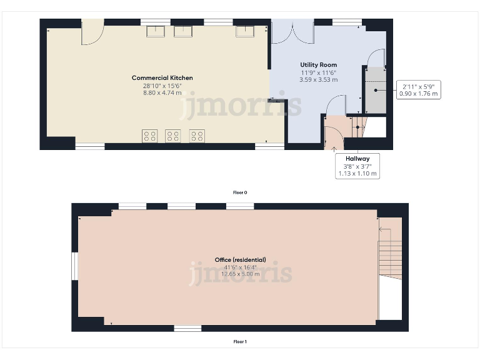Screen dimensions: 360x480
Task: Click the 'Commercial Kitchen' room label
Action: [162, 78]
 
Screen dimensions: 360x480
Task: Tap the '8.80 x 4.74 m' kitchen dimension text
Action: [162, 92]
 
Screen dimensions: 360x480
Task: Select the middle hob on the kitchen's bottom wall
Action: [172, 136]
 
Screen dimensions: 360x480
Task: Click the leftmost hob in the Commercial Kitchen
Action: [149, 136]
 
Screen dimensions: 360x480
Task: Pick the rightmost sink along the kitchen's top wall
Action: [244, 31]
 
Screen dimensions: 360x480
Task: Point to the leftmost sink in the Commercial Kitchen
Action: [154, 31]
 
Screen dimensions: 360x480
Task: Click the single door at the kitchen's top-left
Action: [92, 32]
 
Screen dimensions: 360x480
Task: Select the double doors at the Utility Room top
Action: [292, 32]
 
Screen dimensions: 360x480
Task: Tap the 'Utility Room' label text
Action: [319, 65]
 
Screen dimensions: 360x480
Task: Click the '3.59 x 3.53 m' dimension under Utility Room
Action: [319, 79]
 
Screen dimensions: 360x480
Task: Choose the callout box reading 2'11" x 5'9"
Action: [419, 89]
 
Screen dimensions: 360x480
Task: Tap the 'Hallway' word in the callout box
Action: [357, 159]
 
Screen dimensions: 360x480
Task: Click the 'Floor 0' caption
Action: [240, 192]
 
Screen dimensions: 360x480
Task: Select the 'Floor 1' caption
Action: [240, 342]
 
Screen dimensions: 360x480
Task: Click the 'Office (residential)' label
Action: [240, 259]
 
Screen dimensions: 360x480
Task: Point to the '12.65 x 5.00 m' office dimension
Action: [240, 274]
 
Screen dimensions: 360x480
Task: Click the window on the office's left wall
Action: [74, 266]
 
